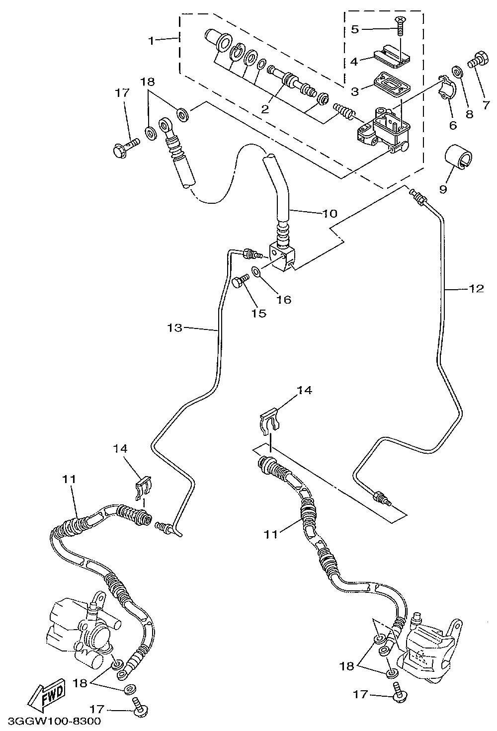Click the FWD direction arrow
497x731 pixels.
[x=47, y=693]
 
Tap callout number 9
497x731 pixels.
[x=443, y=189]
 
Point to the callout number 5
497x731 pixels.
[x=355, y=29]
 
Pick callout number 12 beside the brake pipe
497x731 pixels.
[x=476, y=289]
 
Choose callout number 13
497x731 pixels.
[x=174, y=327]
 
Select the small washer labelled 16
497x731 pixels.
[x=256, y=271]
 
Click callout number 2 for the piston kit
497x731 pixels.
[x=265, y=109]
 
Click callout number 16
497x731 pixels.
[x=284, y=300]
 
